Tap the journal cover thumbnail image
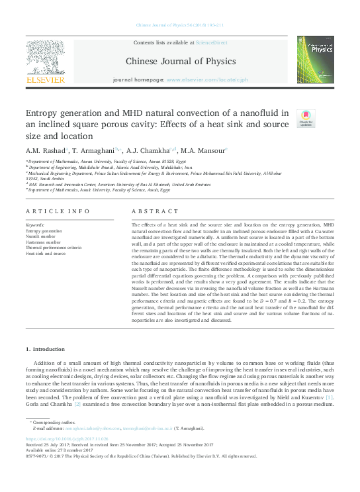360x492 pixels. pyautogui.click(x=315, y=60)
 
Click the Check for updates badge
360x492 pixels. pyautogui.click(x=306, y=118)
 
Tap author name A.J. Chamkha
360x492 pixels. pyautogui.click(x=150, y=151)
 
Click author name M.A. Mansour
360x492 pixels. pyautogui.click(x=204, y=151)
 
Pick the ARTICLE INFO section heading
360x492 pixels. pyautogui.click(x=58, y=211)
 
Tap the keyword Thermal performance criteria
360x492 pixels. pyautogui.click(x=54, y=247)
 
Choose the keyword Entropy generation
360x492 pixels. pyautogui.click(x=45, y=231)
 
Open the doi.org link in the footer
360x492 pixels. pyautogui.click(x=69, y=438)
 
